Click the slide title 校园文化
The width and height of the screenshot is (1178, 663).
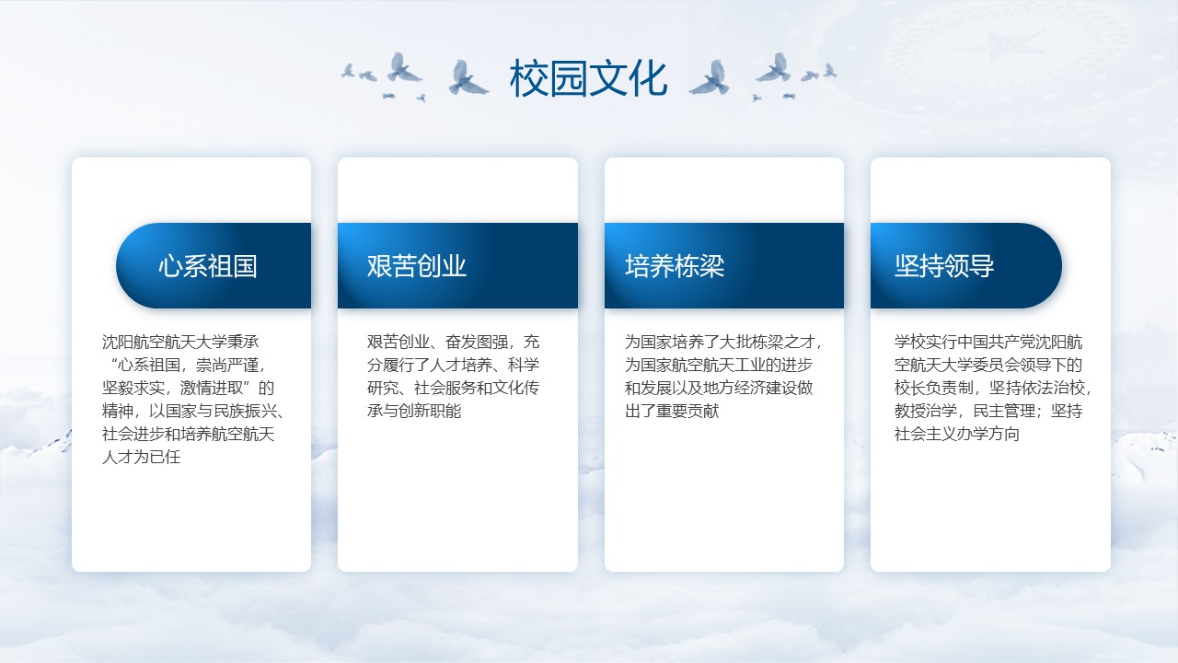[588, 78]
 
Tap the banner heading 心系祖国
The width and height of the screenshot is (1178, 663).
[208, 266]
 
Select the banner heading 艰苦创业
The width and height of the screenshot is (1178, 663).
[417, 266]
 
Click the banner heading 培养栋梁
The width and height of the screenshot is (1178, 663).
[675, 266]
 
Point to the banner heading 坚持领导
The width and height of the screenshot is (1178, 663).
[944, 266]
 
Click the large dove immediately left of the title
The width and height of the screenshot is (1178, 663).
[467, 78]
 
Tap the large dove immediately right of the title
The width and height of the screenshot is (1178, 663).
[710, 78]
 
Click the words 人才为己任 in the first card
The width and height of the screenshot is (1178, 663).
[141, 457]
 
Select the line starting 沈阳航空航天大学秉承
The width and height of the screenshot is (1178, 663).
[180, 342]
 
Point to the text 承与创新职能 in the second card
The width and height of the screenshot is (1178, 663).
[414, 411]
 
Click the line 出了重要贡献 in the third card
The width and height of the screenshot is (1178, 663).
[672, 411]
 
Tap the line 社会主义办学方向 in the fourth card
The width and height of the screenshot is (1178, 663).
[956, 434]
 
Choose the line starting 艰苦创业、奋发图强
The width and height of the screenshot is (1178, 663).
[453, 342]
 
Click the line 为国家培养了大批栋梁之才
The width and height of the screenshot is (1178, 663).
[723, 342]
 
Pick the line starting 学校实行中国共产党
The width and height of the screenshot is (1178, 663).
[988, 342]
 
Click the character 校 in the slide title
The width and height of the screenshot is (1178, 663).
[529, 78]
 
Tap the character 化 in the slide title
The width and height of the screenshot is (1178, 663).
[648, 78]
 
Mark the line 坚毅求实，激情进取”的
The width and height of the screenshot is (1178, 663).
[188, 388]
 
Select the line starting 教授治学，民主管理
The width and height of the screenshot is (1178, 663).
[988, 411]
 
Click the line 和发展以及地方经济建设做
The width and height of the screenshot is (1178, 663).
[719, 388]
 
